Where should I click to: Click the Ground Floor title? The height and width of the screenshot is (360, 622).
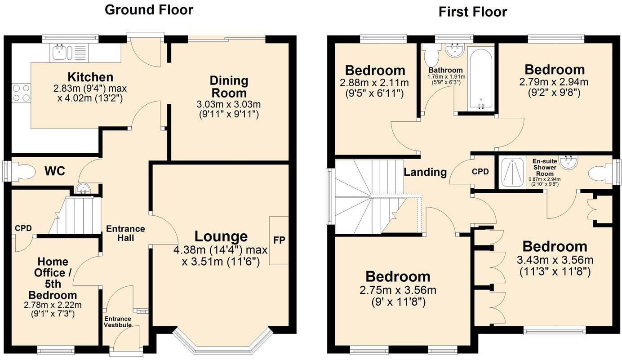[x=149, y=10]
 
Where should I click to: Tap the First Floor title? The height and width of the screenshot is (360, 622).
[x=472, y=12]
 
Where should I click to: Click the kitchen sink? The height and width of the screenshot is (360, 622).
[x=59, y=53]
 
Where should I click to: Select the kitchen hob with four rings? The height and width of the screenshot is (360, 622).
[x=21, y=93]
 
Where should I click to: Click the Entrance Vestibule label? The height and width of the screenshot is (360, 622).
[x=118, y=322]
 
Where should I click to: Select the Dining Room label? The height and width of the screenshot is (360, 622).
[x=229, y=87]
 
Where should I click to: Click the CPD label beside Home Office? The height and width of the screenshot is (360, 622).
[x=23, y=228]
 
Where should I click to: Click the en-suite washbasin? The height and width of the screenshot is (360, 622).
[x=569, y=162]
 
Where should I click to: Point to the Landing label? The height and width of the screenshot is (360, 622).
[x=425, y=172]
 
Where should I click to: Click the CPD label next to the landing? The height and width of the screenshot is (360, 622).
[x=480, y=172]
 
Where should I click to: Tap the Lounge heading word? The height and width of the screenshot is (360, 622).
[x=221, y=236]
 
